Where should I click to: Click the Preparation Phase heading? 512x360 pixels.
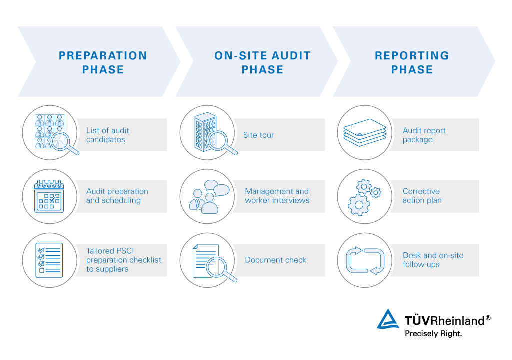(103, 62)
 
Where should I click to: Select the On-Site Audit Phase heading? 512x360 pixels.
(262, 62)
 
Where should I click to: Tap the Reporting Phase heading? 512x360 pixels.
(412, 62)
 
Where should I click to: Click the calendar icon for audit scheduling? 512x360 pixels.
(49, 196)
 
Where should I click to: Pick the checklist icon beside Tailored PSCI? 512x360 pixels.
(49, 260)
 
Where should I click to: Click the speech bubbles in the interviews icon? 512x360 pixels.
(217, 188)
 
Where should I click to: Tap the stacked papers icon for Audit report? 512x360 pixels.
(364, 132)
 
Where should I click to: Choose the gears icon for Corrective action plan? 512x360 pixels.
(364, 197)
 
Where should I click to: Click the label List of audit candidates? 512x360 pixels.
(108, 135)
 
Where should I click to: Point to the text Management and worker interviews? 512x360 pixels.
(277, 196)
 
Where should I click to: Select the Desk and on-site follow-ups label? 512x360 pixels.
(433, 260)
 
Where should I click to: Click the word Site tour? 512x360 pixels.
(258, 135)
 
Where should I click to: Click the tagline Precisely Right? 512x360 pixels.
(433, 334)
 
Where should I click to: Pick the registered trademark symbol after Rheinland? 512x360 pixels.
(488, 318)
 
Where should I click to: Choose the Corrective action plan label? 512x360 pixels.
(422, 196)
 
